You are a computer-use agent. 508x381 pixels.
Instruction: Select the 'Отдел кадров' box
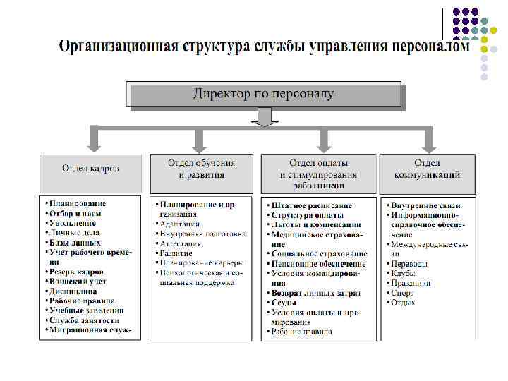pos(90,169)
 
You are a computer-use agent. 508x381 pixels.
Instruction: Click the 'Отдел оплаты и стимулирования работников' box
pos(318,174)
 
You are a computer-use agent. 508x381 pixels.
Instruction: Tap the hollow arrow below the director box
pos(263,116)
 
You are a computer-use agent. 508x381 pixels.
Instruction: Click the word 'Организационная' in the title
pos(117,47)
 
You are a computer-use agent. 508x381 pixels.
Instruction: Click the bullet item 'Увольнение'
pos(73,223)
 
